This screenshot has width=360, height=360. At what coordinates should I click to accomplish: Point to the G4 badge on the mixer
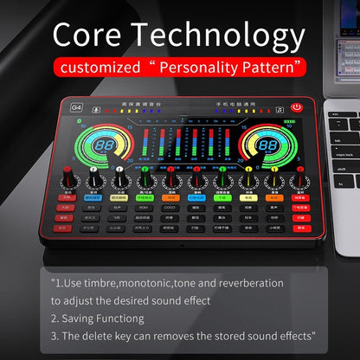tap(77, 108)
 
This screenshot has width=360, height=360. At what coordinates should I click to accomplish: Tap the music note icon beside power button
tap(279, 108)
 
